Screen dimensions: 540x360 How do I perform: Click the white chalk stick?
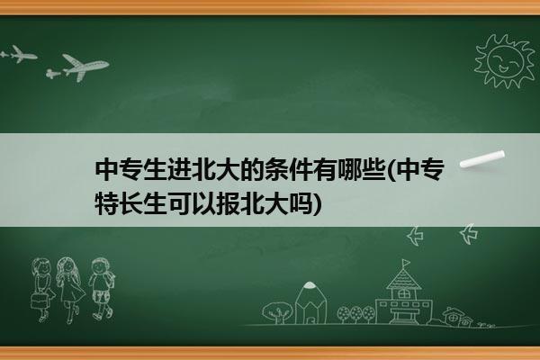point(482,159)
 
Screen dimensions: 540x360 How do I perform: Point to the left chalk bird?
point(415,236)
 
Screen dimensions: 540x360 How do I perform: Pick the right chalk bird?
point(469,234)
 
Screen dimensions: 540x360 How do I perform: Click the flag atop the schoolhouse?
point(407,263)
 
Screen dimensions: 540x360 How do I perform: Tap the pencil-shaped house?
point(310,302)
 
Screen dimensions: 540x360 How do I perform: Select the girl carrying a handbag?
point(42,290)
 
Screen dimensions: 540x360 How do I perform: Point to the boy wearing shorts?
point(101,289)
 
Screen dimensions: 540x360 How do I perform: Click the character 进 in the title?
point(179,169)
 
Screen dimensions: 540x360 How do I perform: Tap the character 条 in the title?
point(276,169)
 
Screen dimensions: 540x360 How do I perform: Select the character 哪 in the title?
point(348,169)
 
